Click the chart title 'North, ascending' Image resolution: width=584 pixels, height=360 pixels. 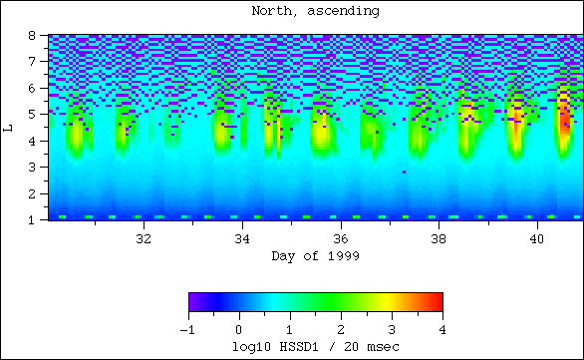point(315,12)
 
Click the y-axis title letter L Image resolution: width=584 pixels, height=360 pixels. point(9,127)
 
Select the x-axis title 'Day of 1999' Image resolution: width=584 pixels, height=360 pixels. point(315,256)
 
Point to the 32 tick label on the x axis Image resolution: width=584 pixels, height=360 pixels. point(143,239)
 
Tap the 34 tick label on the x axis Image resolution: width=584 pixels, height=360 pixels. point(241,239)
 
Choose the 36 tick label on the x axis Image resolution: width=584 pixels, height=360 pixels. point(340,239)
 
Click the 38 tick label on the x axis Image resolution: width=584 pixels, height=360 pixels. point(438,239)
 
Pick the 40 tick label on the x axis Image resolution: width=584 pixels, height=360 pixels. point(537,239)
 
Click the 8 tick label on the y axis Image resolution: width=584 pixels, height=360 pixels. point(34,36)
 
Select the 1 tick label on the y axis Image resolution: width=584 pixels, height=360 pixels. point(34,218)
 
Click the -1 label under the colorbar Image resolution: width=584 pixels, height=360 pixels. point(186,328)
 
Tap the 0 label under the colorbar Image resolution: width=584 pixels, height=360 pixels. point(238,328)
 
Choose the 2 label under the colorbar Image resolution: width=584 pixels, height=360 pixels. point(340,328)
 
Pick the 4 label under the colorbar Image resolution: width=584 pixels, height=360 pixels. point(441,328)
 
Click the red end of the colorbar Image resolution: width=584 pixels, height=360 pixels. point(437,302)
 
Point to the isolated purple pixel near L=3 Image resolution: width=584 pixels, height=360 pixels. point(404,172)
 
